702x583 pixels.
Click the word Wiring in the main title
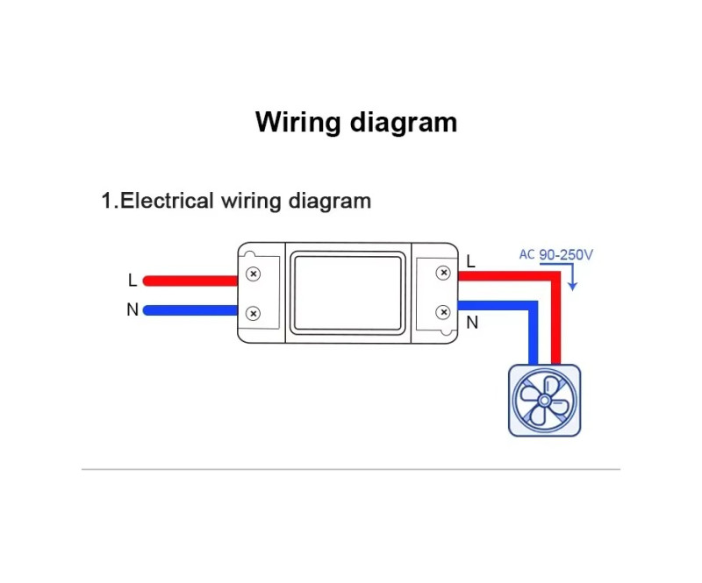coord(297,122)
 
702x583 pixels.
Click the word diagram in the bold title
coord(404,122)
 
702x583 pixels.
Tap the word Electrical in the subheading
coord(167,201)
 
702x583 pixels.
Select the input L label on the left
coord(133,280)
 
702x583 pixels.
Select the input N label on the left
coord(133,309)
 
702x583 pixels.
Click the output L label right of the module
coord(470,261)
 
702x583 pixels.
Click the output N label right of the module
coord(472,322)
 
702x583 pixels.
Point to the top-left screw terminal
coord(254,274)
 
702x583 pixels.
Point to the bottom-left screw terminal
coord(254,314)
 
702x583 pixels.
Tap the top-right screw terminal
coord(443,273)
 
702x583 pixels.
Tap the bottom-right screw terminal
coord(443,312)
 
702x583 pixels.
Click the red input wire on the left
coord(190,281)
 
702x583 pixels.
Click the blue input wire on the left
coord(190,310)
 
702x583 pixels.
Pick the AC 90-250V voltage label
coord(555,254)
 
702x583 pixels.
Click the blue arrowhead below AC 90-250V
coord(572,287)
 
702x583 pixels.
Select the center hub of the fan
coord(544,400)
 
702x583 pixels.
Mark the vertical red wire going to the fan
coord(555,320)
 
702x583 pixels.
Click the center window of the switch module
coord(347,293)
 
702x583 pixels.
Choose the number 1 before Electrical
coord(106,201)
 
